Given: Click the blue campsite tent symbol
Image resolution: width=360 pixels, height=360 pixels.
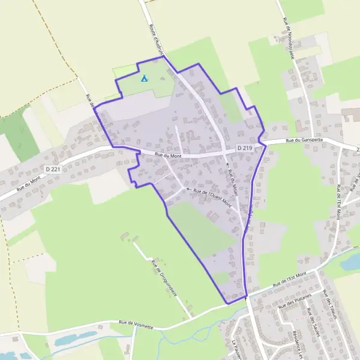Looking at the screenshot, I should click(144, 78).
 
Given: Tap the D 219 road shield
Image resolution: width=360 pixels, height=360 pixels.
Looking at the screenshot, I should click(244, 147).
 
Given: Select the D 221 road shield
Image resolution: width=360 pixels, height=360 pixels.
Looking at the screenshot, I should click(52, 169).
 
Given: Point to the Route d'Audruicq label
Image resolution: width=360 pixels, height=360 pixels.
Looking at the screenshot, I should click(155, 40).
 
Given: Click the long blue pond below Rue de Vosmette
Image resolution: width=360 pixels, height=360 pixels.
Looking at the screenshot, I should click(75, 338).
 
